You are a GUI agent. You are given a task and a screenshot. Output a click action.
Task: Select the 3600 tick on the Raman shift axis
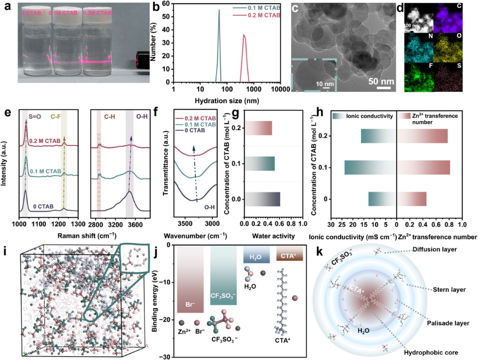tap(134, 224)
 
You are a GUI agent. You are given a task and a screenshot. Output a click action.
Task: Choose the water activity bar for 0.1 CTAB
tap(260, 164)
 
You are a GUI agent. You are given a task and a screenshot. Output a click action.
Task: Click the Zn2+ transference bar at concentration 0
tap(412, 199)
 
